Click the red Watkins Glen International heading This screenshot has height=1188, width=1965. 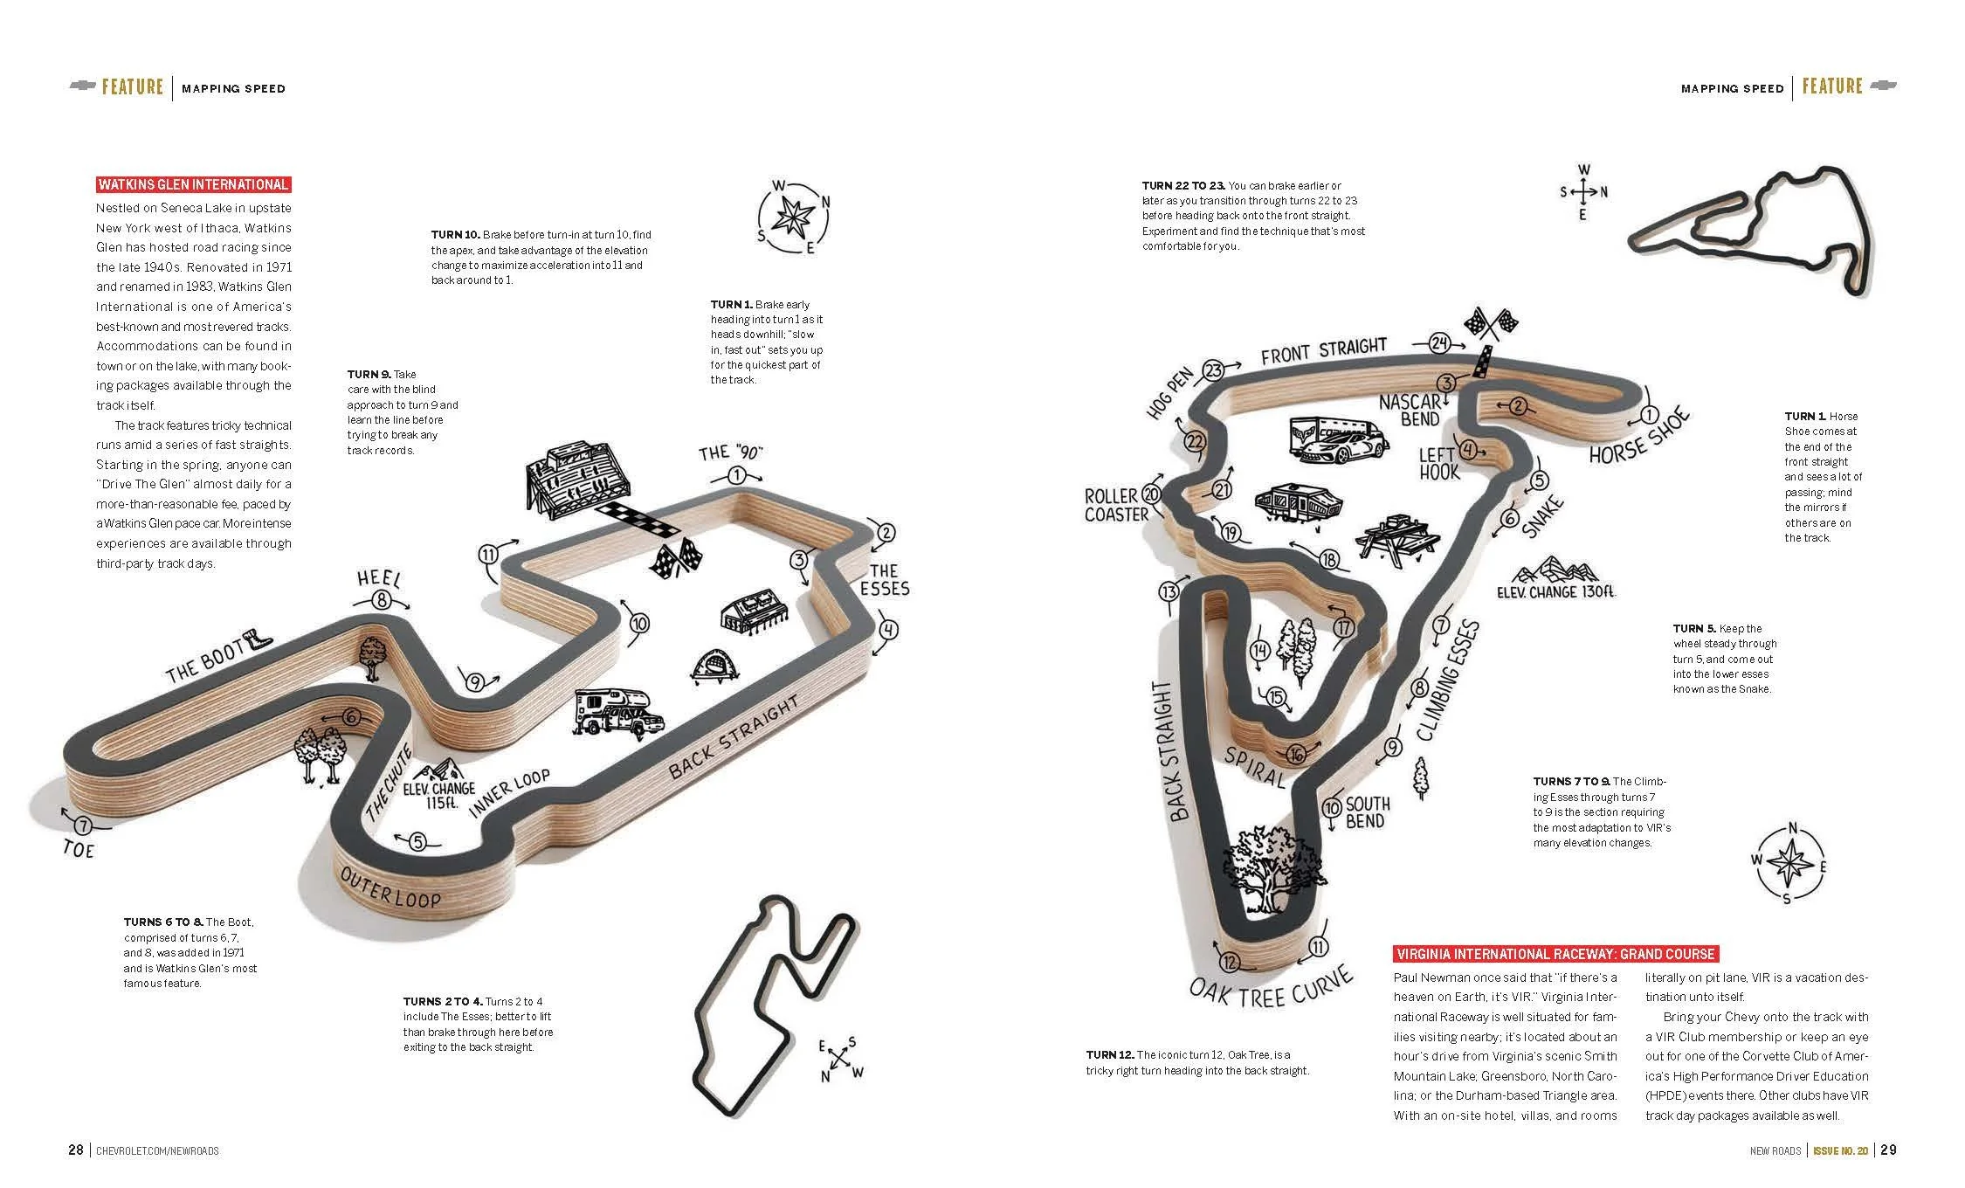coord(193,184)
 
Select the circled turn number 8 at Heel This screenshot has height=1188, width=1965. coord(381,600)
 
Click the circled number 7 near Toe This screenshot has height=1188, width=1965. coord(82,825)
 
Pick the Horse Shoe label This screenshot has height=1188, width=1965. coord(1639,438)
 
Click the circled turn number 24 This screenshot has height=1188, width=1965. coord(1439,343)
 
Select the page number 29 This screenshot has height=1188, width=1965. coord(1888,1150)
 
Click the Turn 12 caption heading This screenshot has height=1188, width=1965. coord(1110,1055)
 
